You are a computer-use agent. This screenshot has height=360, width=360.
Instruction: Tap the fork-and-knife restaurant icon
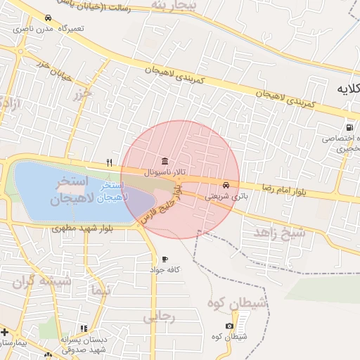(109, 162)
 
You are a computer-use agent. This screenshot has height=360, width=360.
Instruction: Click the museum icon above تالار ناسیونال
(165, 160)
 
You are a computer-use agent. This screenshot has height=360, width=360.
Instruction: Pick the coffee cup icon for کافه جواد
(165, 259)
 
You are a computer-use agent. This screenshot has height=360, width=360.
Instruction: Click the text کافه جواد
(165, 270)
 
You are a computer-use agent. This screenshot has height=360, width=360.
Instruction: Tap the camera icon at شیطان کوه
(229, 326)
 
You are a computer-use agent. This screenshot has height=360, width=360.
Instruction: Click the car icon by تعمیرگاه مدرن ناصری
(47, 18)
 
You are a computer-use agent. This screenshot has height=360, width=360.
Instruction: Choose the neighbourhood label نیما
(101, 290)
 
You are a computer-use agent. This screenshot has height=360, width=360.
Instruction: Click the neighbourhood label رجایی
(159, 317)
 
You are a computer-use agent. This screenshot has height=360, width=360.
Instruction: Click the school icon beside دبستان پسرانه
(84, 328)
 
